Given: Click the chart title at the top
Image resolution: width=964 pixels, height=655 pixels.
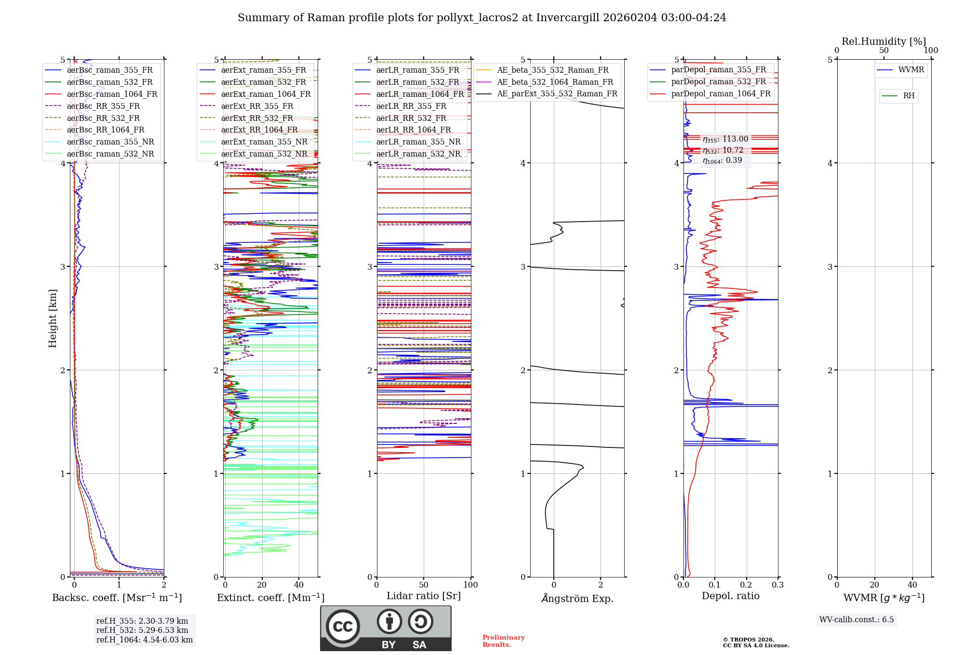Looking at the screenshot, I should [482, 18].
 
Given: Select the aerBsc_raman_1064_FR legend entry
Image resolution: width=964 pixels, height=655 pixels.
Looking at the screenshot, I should [112, 94].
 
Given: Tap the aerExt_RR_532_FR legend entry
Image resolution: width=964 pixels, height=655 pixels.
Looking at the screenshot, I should [257, 118].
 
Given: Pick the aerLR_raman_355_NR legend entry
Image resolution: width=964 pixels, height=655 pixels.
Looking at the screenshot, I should [418, 142].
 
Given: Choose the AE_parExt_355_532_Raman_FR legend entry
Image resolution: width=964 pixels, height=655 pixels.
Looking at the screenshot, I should [557, 93].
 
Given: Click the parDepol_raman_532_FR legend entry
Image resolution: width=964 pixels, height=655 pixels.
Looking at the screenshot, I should [718, 82].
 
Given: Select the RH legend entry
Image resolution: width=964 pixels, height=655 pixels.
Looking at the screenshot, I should [909, 96].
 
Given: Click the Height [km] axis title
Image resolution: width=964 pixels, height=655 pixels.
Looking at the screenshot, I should [53, 318].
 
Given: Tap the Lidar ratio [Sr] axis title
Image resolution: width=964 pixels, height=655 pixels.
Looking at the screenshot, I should [424, 596].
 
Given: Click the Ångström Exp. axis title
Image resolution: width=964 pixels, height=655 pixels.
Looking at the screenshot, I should [577, 598].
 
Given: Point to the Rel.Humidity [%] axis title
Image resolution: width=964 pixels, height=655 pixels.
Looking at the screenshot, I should [884, 41].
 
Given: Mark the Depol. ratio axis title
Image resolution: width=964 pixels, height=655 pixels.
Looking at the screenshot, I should [730, 596].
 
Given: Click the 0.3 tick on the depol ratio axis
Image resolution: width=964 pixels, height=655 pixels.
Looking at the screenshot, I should [777, 585].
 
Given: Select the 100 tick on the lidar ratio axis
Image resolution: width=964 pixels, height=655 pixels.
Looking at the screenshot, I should [470, 585].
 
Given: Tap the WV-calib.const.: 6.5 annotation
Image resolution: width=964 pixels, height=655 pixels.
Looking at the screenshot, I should [857, 619].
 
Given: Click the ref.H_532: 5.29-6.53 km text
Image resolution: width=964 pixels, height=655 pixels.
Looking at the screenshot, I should [142, 630].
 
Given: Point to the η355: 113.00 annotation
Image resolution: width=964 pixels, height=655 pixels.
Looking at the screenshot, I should [725, 139].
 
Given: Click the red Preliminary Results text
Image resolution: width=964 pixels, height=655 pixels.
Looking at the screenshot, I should [503, 641].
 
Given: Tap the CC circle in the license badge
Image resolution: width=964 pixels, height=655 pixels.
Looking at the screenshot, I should [343, 626].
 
